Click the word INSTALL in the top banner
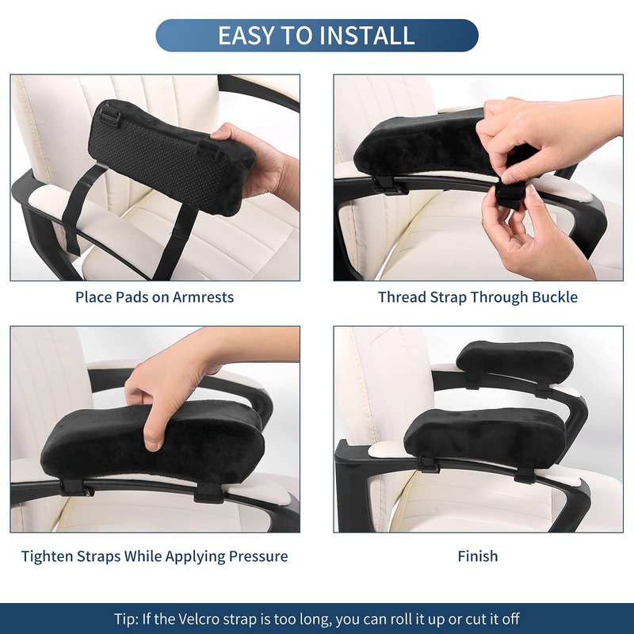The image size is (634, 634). pyautogui.click(x=369, y=35)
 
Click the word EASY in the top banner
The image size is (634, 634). pyautogui.click(x=246, y=35)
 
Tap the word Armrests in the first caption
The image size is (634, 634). pyautogui.click(x=204, y=297)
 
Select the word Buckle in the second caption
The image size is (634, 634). pyautogui.click(x=555, y=297)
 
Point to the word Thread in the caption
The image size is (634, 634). pyautogui.click(x=403, y=297)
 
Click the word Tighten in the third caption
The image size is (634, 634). pyautogui.click(x=47, y=556)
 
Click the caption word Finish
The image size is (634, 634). pyautogui.click(x=478, y=556)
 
